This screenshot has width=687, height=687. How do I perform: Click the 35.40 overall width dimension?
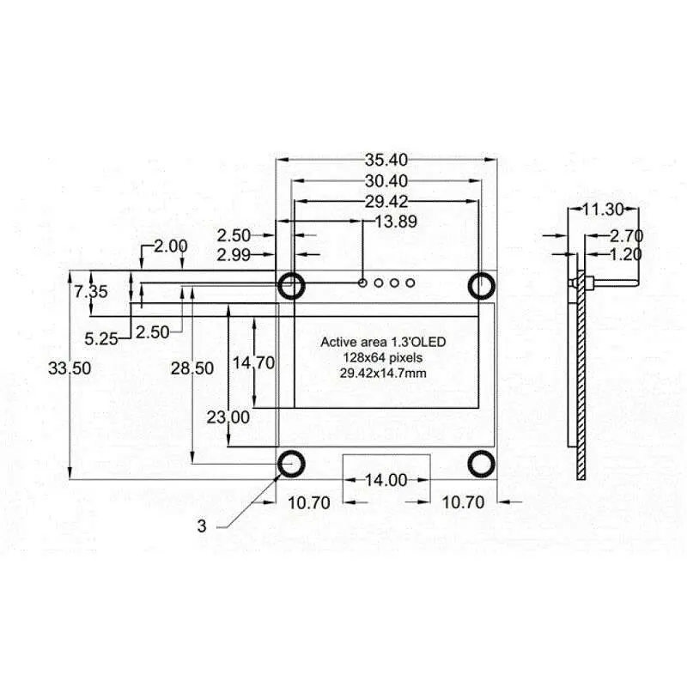tap(386, 160)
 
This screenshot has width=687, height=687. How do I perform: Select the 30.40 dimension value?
tap(386, 181)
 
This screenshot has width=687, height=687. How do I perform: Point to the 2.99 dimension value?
tap(234, 254)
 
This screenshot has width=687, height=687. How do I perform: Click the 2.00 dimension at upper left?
tap(170, 246)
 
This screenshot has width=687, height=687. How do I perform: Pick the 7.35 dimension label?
tap(90, 291)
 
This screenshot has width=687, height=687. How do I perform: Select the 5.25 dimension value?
tap(102, 338)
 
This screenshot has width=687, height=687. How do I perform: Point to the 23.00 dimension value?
tap(228, 417)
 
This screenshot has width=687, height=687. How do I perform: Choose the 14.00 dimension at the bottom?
tap(386, 481)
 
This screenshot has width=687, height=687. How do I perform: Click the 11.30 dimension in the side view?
tap(602, 209)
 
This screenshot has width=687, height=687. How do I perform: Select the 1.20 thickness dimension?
tap(626, 255)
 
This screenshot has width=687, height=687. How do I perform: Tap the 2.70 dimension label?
tap(626, 235)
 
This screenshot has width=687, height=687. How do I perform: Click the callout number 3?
tap(202, 526)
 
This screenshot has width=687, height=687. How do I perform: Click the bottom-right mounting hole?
tap(482, 462)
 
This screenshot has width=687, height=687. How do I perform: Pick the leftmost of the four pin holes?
tap(363, 283)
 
